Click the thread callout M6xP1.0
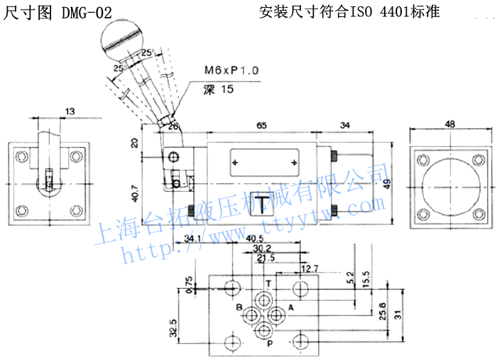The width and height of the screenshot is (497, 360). point(231,71)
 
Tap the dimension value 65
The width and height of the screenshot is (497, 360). point(261,125)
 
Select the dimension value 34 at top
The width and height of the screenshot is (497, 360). point(346,125)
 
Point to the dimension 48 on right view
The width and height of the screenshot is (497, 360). point(449,124)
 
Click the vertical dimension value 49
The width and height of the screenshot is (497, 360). point(388,182)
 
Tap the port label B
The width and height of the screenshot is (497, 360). point(240,307)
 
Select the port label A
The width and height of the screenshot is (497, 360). point(290,307)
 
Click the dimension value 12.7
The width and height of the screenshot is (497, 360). point(309,268)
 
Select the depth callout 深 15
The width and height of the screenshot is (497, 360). point(218,90)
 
